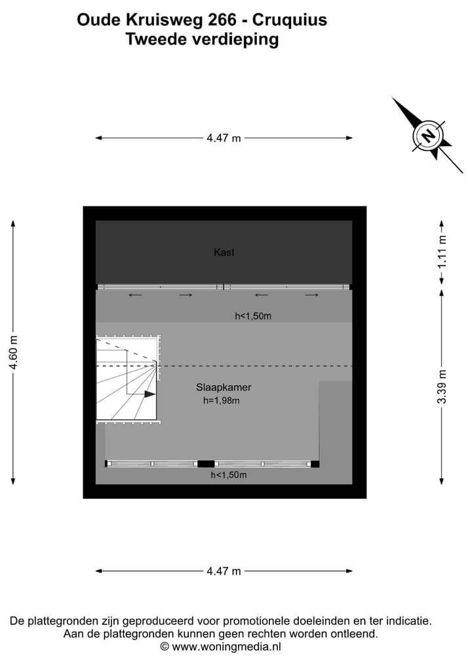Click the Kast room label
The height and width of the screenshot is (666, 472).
pyautogui.click(x=224, y=252)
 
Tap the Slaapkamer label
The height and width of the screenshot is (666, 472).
pyautogui.click(x=224, y=388)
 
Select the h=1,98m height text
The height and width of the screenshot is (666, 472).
pyautogui.click(x=221, y=401)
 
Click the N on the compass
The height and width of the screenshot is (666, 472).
pyautogui.click(x=428, y=136)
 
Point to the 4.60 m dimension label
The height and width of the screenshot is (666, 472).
pyautogui.click(x=14, y=352)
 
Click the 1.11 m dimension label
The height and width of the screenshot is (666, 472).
pyautogui.click(x=442, y=252)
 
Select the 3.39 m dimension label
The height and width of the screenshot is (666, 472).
pyautogui.click(x=442, y=386)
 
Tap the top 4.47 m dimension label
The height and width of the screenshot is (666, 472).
pyautogui.click(x=224, y=138)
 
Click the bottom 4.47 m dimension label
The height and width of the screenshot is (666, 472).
pyautogui.click(x=224, y=571)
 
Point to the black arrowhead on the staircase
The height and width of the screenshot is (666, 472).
pyautogui.click(x=149, y=394)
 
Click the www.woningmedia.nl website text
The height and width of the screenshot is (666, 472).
pyautogui.click(x=226, y=647)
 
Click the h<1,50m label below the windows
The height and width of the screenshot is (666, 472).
pyautogui.click(x=229, y=475)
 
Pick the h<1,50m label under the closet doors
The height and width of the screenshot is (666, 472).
pyautogui.click(x=253, y=316)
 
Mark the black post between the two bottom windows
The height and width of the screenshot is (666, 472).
pyautogui.click(x=206, y=464)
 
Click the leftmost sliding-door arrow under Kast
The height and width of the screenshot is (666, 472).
pyautogui.click(x=135, y=295)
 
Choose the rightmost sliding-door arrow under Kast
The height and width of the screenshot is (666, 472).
pyautogui.click(x=311, y=295)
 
